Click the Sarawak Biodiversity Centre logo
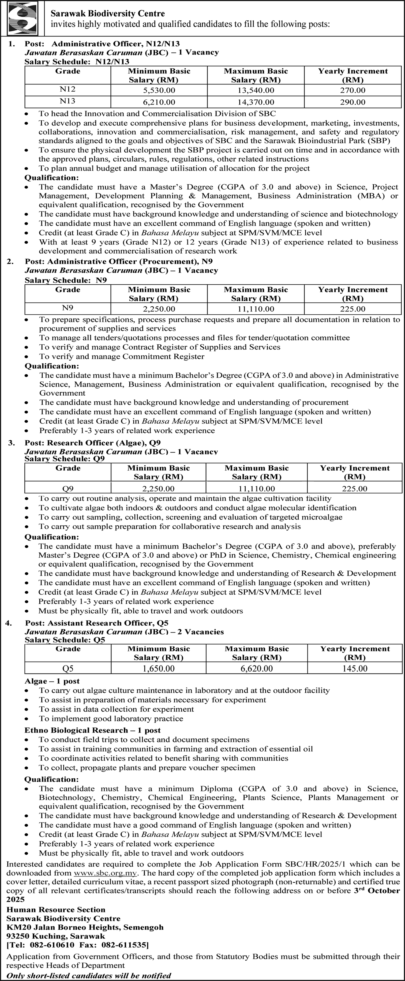tap(22, 18)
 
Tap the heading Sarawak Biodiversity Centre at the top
tap(108, 14)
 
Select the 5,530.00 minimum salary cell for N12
tap(159, 91)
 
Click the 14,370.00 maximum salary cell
tap(256, 102)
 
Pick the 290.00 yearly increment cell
tap(352, 102)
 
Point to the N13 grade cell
tap(68, 101)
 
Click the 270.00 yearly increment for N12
tap(352, 91)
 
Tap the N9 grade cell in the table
tap(68, 308)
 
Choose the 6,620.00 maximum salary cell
tap(257, 669)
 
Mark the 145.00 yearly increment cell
tap(355, 669)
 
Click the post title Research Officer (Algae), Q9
tap(104, 443)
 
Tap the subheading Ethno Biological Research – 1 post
tap(92, 730)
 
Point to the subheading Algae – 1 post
tap(52, 681)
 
